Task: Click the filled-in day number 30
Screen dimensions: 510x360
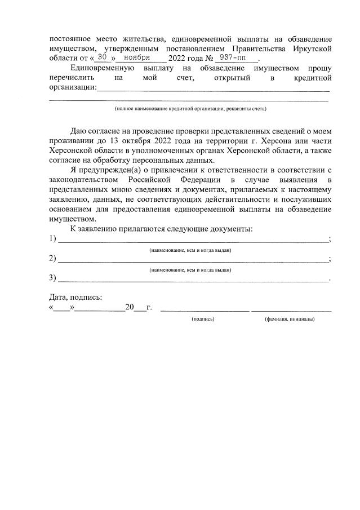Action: pyautogui.click(x=102, y=57)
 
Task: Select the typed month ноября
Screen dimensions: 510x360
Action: pyautogui.click(x=137, y=57)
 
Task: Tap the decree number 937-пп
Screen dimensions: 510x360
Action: pyautogui.click(x=235, y=57)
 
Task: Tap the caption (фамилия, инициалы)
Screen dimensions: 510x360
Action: pyautogui.click(x=290, y=319)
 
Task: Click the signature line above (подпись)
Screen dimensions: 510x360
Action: pyautogui.click(x=204, y=309)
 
